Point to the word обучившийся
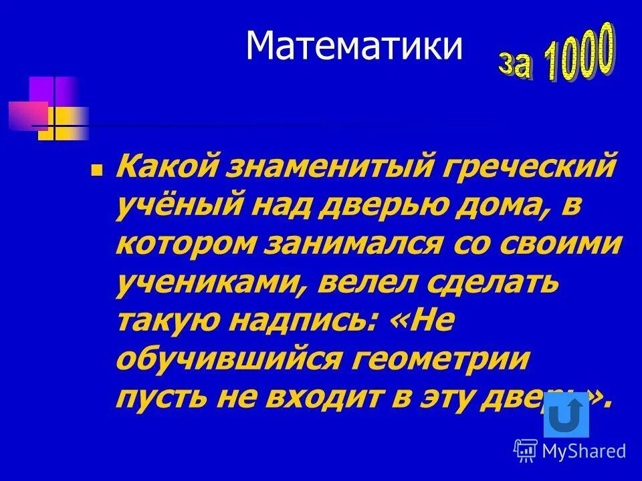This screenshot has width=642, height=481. (229, 361)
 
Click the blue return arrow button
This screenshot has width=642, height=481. (566, 415)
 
